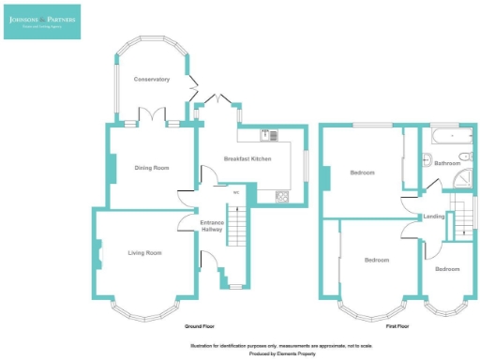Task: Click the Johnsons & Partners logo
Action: click(x=41, y=22)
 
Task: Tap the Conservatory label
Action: click(x=151, y=79)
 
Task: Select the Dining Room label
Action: click(x=152, y=168)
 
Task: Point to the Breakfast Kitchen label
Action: click(x=247, y=159)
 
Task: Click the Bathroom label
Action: click(x=445, y=163)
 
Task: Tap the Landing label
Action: click(x=434, y=217)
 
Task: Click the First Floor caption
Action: click(x=397, y=326)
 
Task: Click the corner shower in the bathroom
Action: click(x=466, y=184)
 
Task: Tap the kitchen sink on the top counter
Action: click(x=266, y=133)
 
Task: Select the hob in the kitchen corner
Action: click(x=281, y=197)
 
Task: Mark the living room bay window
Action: click(x=144, y=307)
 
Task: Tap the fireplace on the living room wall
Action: click(x=97, y=254)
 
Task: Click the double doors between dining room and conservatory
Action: click(x=152, y=117)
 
